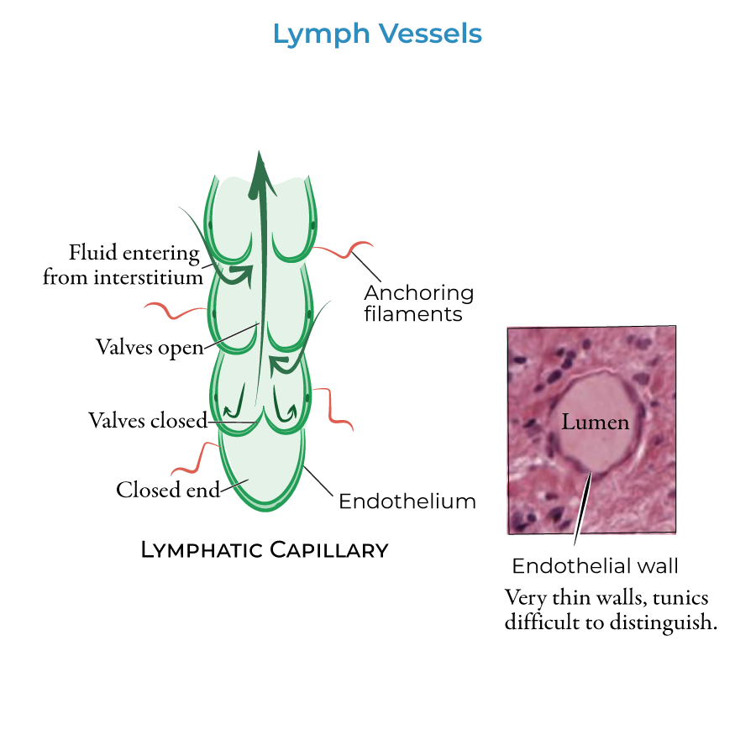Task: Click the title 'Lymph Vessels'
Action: pyautogui.click(x=377, y=34)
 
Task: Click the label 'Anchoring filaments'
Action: pyautogui.click(x=418, y=303)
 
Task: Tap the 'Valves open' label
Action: pyautogui.click(x=150, y=347)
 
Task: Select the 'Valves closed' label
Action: pyautogui.click(x=147, y=420)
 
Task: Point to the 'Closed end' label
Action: pyautogui.click(x=167, y=490)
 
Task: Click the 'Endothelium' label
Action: pyautogui.click(x=407, y=501)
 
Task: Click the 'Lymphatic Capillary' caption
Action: pyautogui.click(x=264, y=550)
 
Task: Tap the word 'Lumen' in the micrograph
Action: pyautogui.click(x=595, y=422)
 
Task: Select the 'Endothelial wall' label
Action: pyautogui.click(x=595, y=565)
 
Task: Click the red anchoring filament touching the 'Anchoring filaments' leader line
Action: pyautogui.click(x=346, y=249)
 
